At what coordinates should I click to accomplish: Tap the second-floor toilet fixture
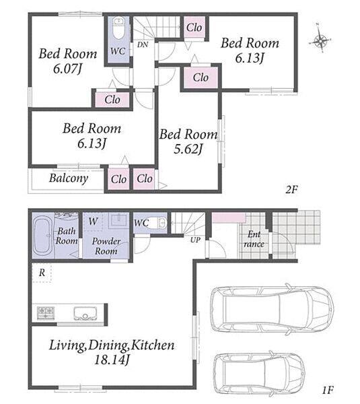pos(118,28)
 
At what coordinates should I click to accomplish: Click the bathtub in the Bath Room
pos(42,236)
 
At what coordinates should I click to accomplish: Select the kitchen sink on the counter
pos(85,313)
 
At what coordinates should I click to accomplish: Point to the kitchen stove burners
pos(46,313)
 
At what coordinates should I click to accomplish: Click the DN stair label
pos(143,44)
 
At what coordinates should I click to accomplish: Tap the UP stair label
pos(195,240)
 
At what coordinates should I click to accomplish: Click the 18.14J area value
pos(112,360)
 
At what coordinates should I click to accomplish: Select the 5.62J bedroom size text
pos(188,149)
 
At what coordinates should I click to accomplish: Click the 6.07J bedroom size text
pos(67,69)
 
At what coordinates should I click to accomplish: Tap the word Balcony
pos(69,178)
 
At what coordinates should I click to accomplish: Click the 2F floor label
pos(291,190)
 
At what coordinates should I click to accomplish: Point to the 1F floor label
pos(328,390)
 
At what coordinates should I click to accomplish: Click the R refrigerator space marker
pos(42,272)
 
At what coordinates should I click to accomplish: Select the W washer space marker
pos(94,221)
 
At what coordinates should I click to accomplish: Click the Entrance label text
pos(254,239)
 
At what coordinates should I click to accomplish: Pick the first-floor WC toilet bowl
pos(159,223)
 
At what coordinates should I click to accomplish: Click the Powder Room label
pos(106,246)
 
